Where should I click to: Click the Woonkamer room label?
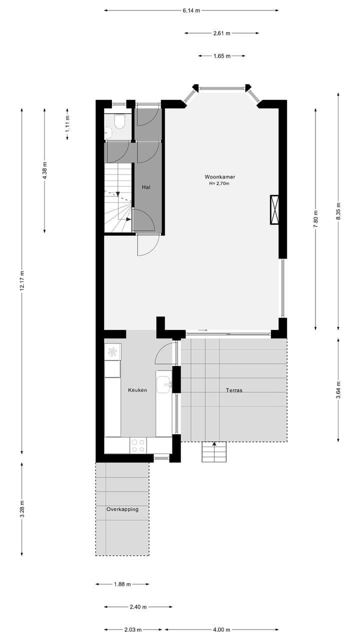point(219,177)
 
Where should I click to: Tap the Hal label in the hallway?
point(146,187)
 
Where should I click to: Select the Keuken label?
point(137,390)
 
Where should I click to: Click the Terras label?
point(234,390)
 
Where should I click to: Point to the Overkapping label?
point(122,509)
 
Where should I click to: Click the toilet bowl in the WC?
point(119,122)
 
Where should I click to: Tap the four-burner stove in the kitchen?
point(138,445)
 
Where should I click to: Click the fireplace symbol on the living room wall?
point(274,209)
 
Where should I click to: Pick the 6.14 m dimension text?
point(191,10)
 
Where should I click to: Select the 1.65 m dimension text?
point(221,56)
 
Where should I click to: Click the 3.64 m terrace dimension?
point(338,390)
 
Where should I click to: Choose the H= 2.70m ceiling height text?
point(219,184)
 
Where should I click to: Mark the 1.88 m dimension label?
point(122,584)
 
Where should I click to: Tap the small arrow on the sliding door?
point(202,330)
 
